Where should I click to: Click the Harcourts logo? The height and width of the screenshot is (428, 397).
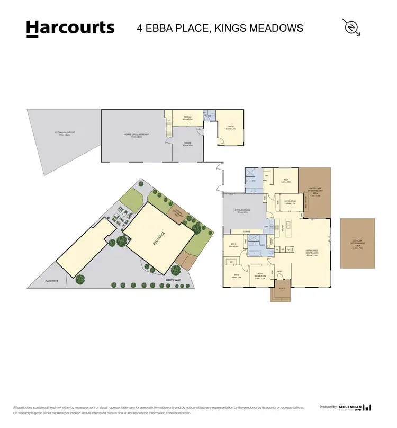pos(70,28)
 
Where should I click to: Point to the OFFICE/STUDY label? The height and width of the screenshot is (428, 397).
pos(290,202)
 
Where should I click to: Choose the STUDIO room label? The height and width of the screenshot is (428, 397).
pos(230,127)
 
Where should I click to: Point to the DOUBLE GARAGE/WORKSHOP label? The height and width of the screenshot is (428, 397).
pos(136,135)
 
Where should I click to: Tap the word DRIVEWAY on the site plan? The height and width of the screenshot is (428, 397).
pos(173,279)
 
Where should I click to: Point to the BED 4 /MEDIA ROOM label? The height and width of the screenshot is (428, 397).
pos(259,274)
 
